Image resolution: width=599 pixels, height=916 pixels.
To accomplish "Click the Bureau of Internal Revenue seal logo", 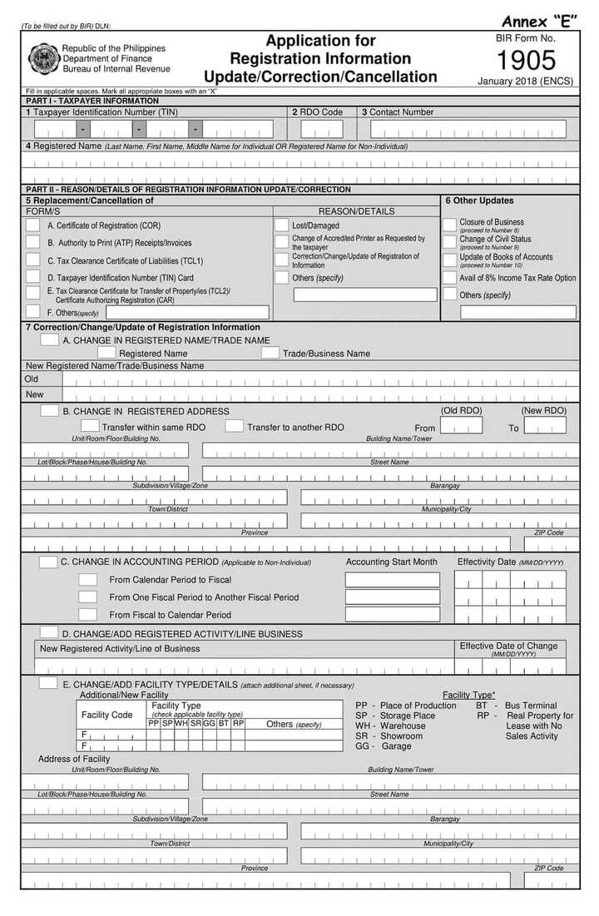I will tap(42, 58).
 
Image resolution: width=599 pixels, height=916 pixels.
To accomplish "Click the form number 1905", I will tap(526, 61).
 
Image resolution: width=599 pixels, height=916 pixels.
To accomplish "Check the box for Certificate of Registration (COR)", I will tap(32, 225).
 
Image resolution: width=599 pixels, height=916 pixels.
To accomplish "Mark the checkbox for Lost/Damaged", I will tap(281, 225).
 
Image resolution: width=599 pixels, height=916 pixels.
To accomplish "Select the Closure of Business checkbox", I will tap(449, 225).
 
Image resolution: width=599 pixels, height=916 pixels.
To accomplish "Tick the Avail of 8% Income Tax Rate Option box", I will tap(449, 278).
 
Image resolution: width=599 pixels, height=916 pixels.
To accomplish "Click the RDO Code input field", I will tap(321, 129).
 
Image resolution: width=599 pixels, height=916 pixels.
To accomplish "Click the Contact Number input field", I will tap(468, 129).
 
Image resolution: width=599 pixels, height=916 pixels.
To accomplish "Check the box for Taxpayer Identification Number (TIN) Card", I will tap(32, 278).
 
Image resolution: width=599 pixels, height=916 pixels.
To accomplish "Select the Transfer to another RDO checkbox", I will tap(234, 427).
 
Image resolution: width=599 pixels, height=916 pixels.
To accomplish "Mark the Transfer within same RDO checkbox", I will tap(90, 427).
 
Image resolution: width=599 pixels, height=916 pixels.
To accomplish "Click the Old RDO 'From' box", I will tap(461, 426).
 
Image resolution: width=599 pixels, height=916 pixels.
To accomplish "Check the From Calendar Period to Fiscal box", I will tap(87, 579).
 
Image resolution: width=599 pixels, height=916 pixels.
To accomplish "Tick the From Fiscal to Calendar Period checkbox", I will tap(87, 615).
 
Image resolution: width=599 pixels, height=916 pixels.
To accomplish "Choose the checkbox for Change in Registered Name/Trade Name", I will tap(50, 339).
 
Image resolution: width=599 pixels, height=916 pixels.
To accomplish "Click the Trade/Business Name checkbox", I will tap(270, 353).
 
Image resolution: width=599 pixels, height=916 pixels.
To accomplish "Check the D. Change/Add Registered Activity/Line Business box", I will tap(49, 633).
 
